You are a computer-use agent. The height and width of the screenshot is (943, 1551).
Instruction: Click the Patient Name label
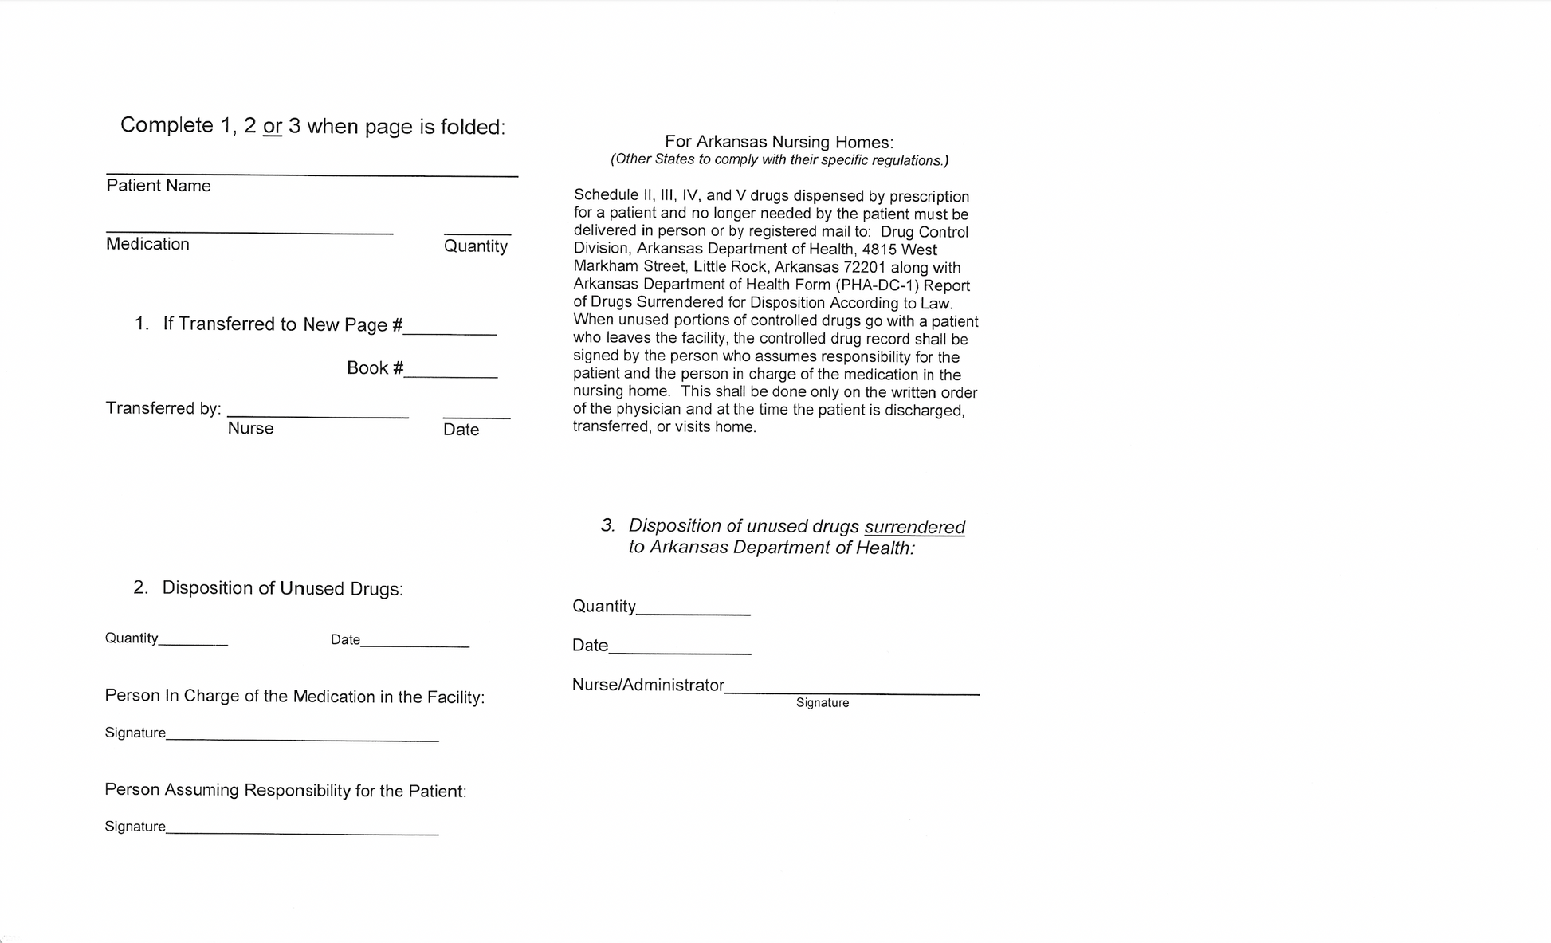pyautogui.click(x=158, y=186)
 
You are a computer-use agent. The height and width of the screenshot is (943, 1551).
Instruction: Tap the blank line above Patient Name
pyautogui.click(x=312, y=173)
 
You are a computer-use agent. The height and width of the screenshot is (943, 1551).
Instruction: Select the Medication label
pyautogui.click(x=147, y=244)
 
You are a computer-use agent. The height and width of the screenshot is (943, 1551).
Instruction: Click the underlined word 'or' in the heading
pyautogui.click(x=273, y=127)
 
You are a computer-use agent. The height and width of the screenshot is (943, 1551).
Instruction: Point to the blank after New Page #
pyautogui.click(x=450, y=331)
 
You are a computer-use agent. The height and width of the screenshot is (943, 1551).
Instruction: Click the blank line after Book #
pyautogui.click(x=450, y=373)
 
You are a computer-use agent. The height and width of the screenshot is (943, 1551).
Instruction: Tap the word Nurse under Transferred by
pyautogui.click(x=250, y=428)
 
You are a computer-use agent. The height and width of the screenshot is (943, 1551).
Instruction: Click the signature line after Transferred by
pyautogui.click(x=317, y=415)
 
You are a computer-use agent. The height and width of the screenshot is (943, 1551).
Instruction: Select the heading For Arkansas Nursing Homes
pyautogui.click(x=779, y=142)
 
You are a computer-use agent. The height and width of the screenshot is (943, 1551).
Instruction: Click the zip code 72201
pyautogui.click(x=864, y=267)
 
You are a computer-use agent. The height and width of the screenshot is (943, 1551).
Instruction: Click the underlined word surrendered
pyautogui.click(x=914, y=527)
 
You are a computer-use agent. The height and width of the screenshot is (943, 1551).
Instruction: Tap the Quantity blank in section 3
pyautogui.click(x=693, y=611)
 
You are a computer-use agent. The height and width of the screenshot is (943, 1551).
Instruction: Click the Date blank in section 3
pyautogui.click(x=679, y=650)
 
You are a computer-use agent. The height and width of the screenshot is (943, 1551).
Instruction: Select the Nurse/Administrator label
pyautogui.click(x=648, y=685)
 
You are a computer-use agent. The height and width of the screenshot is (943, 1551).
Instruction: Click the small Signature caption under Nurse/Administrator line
pyautogui.click(x=822, y=703)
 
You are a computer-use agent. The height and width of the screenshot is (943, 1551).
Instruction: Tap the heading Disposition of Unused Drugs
pyautogui.click(x=282, y=588)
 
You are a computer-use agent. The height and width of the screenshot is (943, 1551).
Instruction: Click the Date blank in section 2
pyautogui.click(x=414, y=644)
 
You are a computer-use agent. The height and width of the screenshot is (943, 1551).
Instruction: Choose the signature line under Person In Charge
pyautogui.click(x=302, y=737)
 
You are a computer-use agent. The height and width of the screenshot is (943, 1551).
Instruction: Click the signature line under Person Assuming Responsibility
pyautogui.click(x=302, y=831)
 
